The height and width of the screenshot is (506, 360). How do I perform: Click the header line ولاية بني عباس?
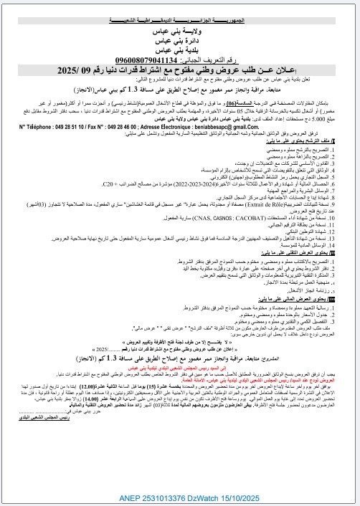coord(179,32)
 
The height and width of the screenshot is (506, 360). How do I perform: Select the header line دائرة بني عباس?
coord(179,42)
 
